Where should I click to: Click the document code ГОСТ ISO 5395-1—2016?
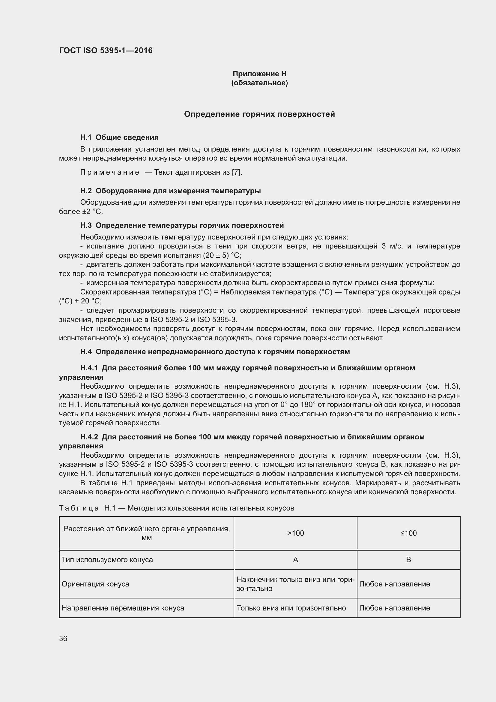pos(106,50)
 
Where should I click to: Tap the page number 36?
pos(63,638)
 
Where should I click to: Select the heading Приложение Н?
pos(259,74)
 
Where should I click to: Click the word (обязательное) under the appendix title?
pos(259,83)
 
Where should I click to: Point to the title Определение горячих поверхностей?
pos(259,114)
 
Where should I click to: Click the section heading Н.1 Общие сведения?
pos(119,137)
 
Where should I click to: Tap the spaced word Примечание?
pos(110,173)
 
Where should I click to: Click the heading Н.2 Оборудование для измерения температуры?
pos(170,191)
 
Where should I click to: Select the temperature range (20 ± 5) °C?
pos(222,256)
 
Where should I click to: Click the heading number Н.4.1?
pos(89,368)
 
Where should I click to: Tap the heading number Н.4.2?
pos(89,437)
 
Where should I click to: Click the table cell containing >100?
pos(295,533)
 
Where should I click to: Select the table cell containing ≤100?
pos(408,533)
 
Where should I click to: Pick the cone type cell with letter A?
pos(295,559)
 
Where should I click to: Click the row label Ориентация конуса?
pos(96,584)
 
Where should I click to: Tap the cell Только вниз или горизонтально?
pos(291,608)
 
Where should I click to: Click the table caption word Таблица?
pos(79,508)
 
